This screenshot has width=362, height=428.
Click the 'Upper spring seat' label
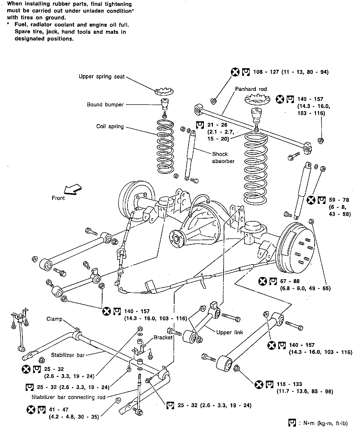tap(102, 76)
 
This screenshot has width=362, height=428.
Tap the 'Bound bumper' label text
tap(105, 105)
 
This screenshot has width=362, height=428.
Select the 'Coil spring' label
tap(110, 126)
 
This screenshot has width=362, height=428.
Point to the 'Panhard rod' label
tap(251, 89)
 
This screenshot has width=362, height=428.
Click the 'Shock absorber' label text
tap(223, 158)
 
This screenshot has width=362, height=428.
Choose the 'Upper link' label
tap(230, 332)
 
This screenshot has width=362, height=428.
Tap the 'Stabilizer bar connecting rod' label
tap(69, 397)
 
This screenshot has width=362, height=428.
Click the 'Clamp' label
tap(55, 319)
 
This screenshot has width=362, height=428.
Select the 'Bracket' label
tap(163, 337)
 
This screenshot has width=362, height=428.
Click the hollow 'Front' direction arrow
tap(73, 190)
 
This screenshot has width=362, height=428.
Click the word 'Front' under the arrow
tap(58, 198)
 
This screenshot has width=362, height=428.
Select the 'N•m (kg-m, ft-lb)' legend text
tap(324, 423)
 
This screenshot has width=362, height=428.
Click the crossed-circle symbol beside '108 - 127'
tap(235, 72)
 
